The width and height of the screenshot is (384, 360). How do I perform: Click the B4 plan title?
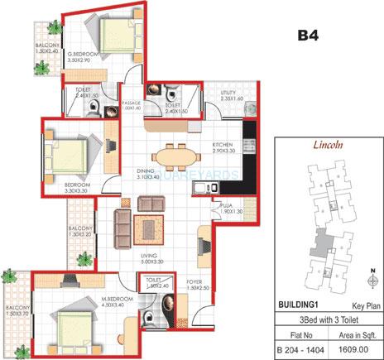pyautogui.click(x=309, y=36)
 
